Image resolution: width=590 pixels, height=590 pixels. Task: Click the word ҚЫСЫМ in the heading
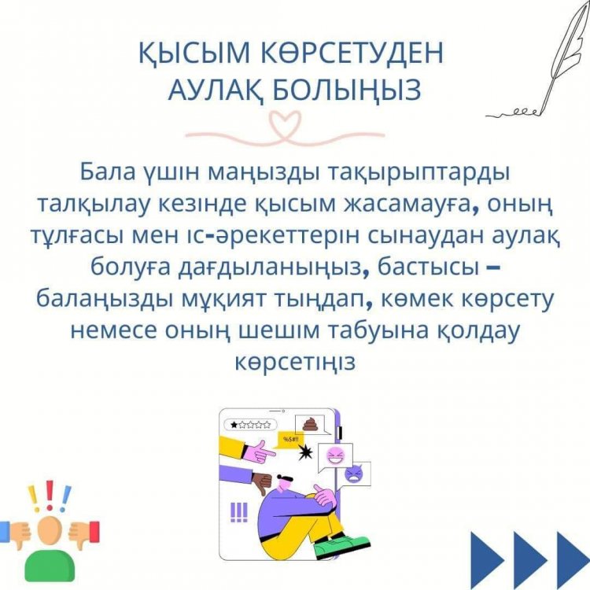pyautogui.click(x=194, y=52)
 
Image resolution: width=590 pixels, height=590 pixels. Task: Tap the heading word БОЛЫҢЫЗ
pyautogui.click(x=347, y=90)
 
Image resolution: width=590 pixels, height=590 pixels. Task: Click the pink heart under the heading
pyautogui.click(x=285, y=124)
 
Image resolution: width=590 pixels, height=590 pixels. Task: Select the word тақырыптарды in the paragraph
pyautogui.click(x=420, y=173)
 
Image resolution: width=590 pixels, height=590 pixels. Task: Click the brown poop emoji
pyautogui.click(x=310, y=424)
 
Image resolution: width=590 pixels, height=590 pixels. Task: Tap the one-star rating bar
pyautogui.click(x=250, y=425)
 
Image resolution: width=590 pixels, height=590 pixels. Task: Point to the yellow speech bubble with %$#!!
pyautogui.click(x=290, y=440)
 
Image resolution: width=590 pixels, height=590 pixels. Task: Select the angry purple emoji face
pyautogui.click(x=355, y=474)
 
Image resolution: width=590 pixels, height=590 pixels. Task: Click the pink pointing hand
pyautogui.click(x=259, y=451)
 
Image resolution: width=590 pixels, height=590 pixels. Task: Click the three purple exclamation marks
pyautogui.click(x=239, y=512)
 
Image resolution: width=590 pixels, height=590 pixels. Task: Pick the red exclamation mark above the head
pyautogui.click(x=50, y=495)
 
